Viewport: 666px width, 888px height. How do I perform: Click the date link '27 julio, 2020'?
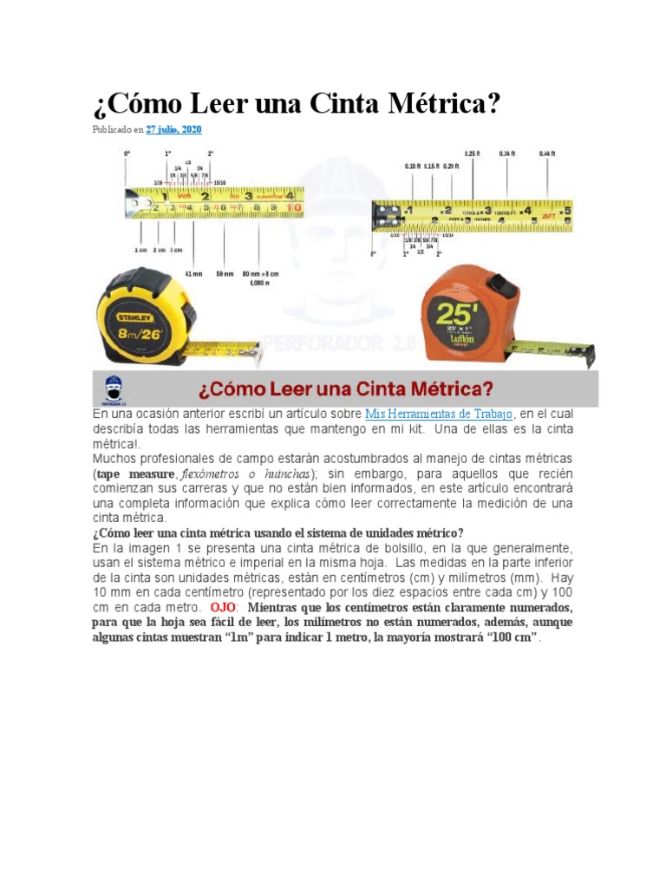point(173,129)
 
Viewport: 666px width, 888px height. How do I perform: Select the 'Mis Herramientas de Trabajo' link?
point(439,415)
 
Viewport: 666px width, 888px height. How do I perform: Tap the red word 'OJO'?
point(223,607)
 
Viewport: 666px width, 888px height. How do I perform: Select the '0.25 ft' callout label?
point(472,153)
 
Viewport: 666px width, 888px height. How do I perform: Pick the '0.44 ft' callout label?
point(546,153)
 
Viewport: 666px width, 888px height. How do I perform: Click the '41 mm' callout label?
point(193,273)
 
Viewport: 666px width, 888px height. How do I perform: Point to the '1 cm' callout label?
point(140,250)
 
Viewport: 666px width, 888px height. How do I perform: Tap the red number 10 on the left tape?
point(294,208)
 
